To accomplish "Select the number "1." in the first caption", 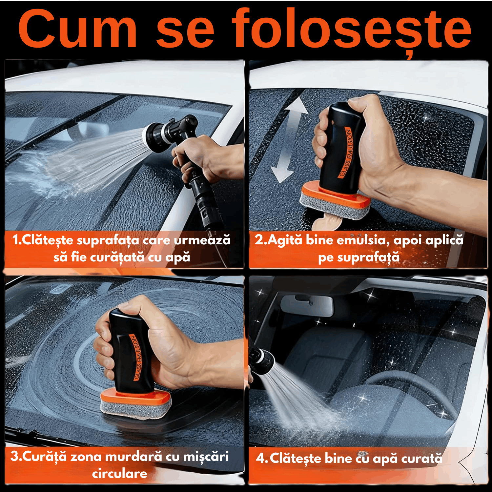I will coord(17,240).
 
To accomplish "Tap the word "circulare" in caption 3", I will coord(119,473).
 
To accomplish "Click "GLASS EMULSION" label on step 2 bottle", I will coord(346,153).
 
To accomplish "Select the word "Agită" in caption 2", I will coord(284,240).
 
